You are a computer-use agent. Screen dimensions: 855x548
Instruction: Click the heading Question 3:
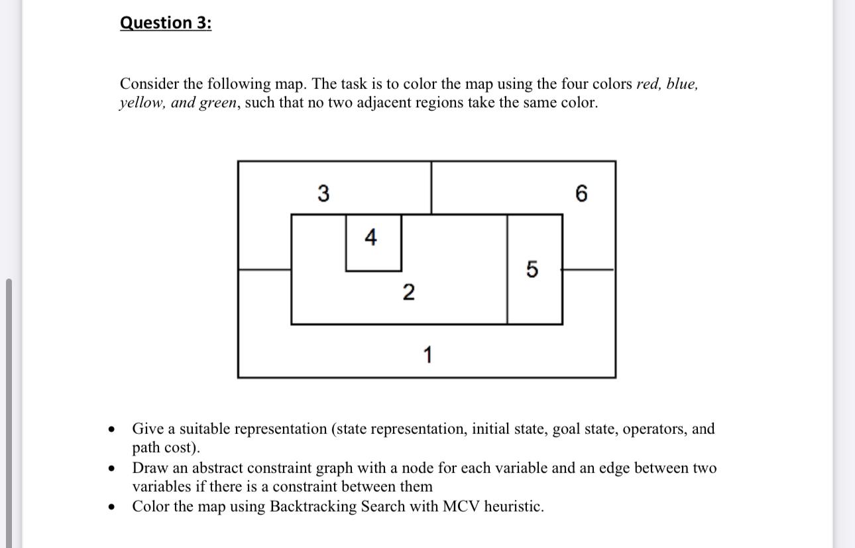coord(166,23)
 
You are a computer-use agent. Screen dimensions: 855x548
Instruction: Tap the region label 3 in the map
coord(323,194)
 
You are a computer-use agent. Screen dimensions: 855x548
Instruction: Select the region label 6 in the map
coord(581,194)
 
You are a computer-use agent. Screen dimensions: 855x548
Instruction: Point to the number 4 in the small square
coord(370,237)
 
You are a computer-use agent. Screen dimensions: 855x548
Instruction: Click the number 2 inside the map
coord(408,291)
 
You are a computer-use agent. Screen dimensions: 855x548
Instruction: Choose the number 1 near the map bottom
coord(427,356)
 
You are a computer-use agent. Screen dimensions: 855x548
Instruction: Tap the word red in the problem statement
coord(647,84)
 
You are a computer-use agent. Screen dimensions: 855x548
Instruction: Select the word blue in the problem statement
coord(681,84)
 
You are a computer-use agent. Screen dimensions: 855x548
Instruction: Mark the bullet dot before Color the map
coord(113,508)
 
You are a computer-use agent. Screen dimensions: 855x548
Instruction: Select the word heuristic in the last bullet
coord(513,507)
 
